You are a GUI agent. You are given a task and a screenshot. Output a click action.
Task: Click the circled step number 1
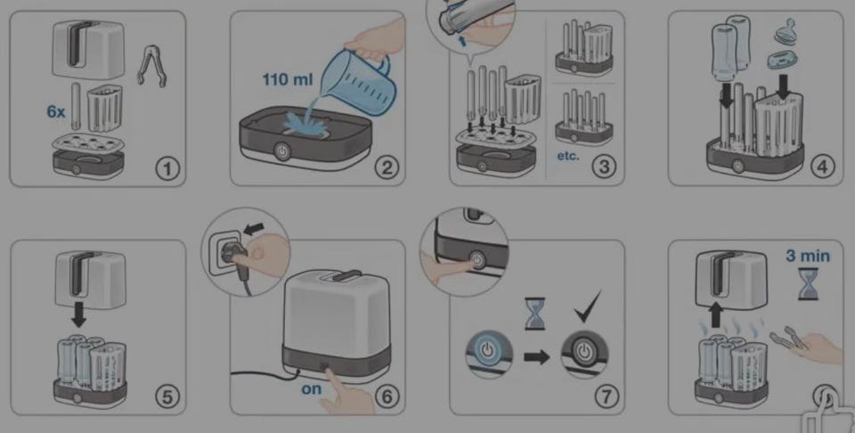pos(167,168)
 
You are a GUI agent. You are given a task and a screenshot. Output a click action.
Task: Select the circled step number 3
pos(604,167)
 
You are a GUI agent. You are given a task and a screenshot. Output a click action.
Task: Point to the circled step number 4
pos(822,167)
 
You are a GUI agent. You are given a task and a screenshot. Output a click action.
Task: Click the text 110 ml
pos(288,79)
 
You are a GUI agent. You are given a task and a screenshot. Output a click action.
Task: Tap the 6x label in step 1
pos(55,112)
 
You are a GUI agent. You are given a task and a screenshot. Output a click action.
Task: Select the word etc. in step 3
pos(568,156)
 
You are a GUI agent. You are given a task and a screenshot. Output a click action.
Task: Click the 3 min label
pos(808,255)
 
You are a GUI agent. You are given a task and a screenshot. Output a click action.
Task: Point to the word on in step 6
pos(312,388)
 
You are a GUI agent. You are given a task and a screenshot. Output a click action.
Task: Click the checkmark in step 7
pos(588,306)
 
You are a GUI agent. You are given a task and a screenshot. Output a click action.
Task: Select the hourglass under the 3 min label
pos(808,284)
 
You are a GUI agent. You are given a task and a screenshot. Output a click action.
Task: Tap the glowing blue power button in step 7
pos(489,349)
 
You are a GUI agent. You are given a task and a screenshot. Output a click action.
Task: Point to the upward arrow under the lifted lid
pos(716,315)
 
